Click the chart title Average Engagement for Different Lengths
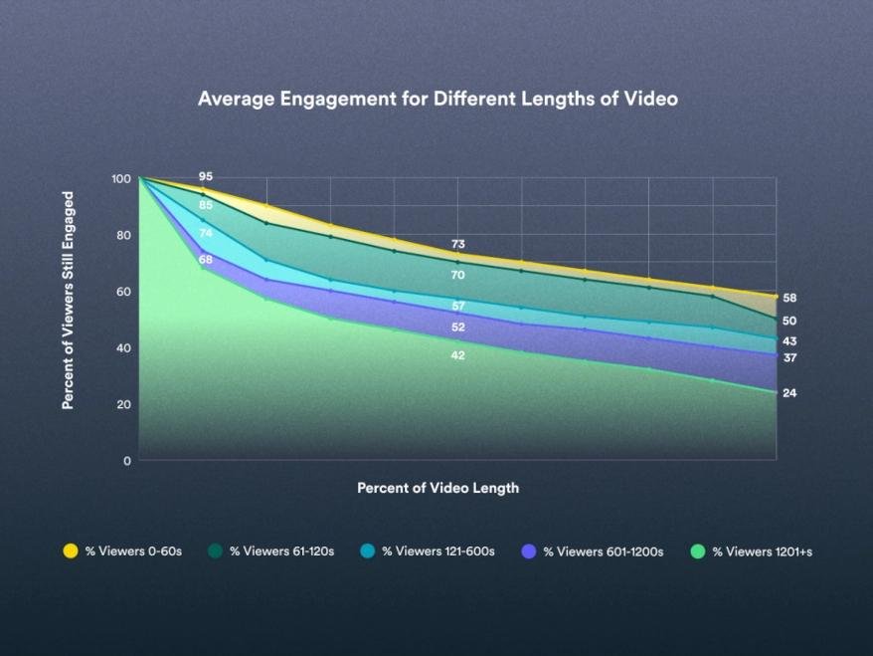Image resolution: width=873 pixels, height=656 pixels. (436, 99)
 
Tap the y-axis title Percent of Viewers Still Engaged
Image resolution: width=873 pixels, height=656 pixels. (69, 301)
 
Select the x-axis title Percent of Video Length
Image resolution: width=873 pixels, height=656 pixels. (437, 488)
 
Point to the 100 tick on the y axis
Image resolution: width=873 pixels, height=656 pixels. (121, 179)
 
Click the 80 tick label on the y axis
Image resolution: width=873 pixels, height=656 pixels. (121, 236)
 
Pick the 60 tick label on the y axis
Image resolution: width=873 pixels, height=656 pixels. (121, 292)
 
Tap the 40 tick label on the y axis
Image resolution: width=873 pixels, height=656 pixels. (121, 348)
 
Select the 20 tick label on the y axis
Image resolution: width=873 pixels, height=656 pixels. (121, 405)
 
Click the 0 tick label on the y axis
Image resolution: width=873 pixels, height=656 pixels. (126, 461)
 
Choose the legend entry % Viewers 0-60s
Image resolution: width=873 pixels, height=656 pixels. (122, 550)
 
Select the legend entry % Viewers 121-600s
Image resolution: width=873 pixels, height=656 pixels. (429, 550)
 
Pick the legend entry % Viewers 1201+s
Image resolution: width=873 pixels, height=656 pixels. (752, 550)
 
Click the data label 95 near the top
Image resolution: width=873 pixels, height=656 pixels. (206, 176)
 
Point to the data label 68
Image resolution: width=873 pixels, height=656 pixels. (206, 260)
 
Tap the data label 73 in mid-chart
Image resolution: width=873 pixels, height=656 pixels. (458, 244)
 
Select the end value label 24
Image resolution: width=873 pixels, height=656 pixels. (789, 393)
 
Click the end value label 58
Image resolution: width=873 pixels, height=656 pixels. (789, 299)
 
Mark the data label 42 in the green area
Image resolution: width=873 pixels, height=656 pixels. (458, 355)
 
